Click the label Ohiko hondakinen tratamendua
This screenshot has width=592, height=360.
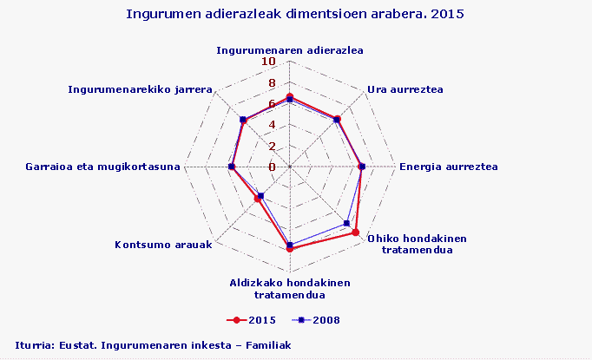pos(418,245)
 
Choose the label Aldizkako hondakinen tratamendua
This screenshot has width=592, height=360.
pos(289,289)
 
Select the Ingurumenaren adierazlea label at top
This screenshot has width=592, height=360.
pos(289,49)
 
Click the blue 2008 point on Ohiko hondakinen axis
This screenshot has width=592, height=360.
pos(347,224)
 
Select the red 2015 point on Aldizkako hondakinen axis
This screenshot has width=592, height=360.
pos(289,249)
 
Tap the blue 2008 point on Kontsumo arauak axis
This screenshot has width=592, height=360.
pos(261,195)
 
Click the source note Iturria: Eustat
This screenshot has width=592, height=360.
pos(153,345)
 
